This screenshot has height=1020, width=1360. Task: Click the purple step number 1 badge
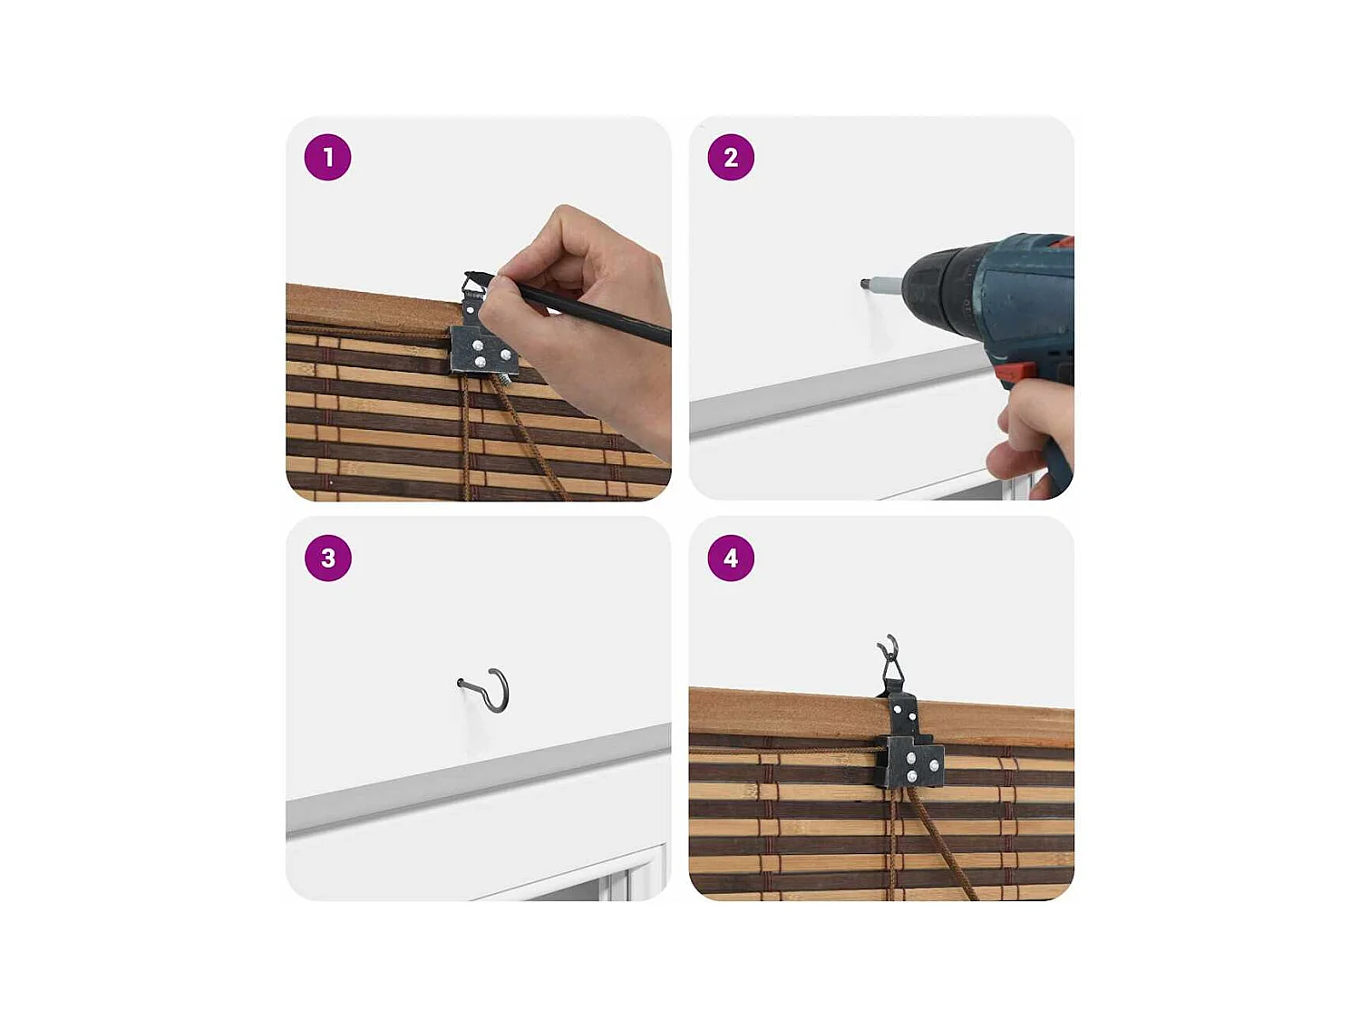[x=327, y=157]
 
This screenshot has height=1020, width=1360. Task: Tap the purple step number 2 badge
[x=731, y=157]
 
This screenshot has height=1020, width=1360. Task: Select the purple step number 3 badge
[x=328, y=558]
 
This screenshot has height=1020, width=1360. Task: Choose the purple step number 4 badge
[x=731, y=558]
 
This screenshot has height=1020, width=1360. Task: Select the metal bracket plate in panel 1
[x=484, y=351]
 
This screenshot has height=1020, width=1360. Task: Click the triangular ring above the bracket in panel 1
[x=474, y=285]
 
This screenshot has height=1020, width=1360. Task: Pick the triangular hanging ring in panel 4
[x=891, y=669]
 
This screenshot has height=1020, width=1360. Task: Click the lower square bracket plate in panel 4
[x=909, y=762]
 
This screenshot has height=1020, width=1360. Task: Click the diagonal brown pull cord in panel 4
[x=938, y=843]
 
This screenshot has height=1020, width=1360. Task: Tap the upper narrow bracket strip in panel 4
[x=905, y=716]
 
